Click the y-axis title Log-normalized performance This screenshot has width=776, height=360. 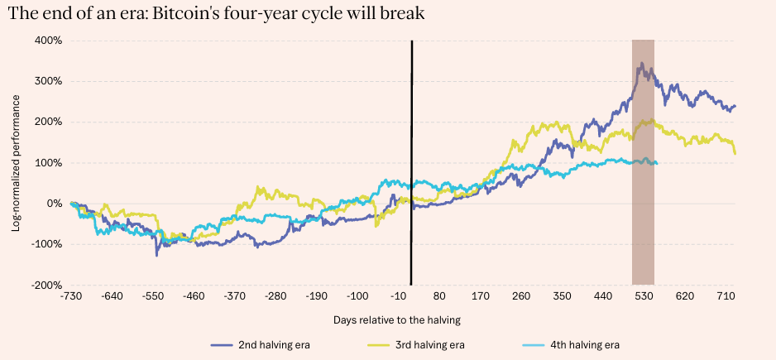(16, 162)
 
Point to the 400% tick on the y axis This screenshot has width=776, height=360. (49, 41)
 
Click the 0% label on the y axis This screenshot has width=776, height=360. (54, 204)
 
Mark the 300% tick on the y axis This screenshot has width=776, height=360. (49, 81)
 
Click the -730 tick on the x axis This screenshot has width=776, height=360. (71, 295)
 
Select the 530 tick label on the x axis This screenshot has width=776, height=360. (643, 295)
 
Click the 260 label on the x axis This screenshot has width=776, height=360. (521, 295)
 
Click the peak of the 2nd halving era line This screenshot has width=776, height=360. (639, 63)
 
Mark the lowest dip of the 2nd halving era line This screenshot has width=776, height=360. (156, 255)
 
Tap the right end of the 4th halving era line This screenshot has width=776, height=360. (657, 163)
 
